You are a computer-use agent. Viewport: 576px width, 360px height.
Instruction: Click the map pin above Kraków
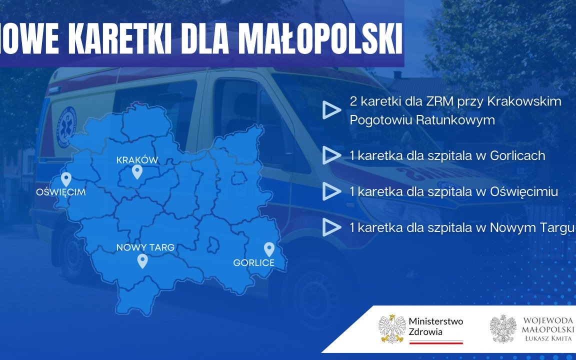click(137, 172)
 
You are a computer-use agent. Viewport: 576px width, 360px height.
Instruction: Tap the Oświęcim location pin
click(66, 179)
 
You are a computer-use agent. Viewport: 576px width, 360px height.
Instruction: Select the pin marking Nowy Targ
click(142, 261)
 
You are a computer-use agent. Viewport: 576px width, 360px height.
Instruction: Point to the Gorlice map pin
click(269, 249)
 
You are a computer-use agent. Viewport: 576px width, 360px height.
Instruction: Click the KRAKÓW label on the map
click(137, 160)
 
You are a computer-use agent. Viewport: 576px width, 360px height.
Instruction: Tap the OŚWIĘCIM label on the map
click(61, 192)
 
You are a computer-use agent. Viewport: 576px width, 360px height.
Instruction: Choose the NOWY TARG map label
click(145, 247)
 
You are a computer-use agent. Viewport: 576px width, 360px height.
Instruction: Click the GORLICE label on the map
click(254, 262)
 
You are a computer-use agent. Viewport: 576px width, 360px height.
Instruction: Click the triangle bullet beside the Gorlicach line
click(331, 155)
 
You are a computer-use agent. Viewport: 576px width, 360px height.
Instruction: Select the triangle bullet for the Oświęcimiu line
click(331, 191)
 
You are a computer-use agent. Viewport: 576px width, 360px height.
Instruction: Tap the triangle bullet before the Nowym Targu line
click(331, 227)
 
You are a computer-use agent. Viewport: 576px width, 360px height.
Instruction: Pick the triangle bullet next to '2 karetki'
click(331, 110)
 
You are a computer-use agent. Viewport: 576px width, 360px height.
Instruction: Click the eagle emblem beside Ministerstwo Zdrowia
click(391, 328)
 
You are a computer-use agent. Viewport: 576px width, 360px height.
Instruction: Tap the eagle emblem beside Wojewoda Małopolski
click(503, 328)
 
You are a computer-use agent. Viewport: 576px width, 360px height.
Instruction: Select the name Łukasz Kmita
click(548, 338)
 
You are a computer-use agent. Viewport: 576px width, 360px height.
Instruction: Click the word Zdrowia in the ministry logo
click(425, 331)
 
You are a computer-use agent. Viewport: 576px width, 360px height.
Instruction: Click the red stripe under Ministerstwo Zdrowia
click(436, 343)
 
